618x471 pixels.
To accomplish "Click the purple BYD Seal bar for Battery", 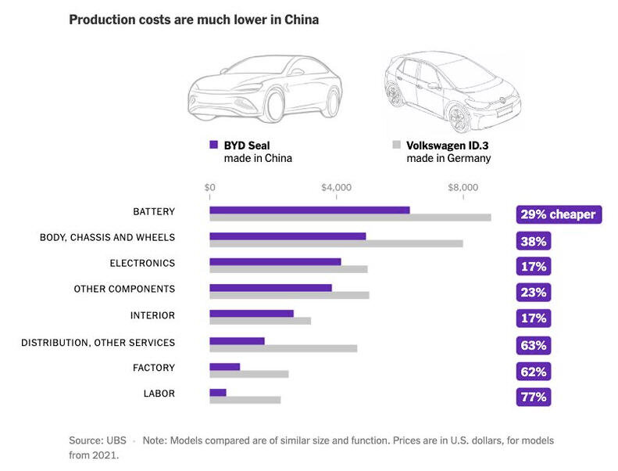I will (x=309, y=210).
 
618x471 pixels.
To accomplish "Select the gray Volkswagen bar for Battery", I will (x=350, y=218).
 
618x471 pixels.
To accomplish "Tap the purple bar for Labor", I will (x=218, y=392).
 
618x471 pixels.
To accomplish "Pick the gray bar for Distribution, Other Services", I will (x=283, y=348).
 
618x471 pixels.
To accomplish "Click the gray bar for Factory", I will (x=248, y=374).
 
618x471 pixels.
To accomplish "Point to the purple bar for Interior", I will (x=252, y=314).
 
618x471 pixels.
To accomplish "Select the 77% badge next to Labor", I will (x=534, y=397).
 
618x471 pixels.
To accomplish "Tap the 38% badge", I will (x=534, y=240).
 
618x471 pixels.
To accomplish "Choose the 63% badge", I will (x=534, y=345).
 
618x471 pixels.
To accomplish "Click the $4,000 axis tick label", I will (x=336, y=188).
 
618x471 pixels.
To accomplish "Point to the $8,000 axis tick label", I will (x=463, y=188).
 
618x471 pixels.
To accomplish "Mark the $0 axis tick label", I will (x=209, y=188).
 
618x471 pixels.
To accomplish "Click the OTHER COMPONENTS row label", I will (x=124, y=289).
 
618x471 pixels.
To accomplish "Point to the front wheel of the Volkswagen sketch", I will (x=459, y=117).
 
